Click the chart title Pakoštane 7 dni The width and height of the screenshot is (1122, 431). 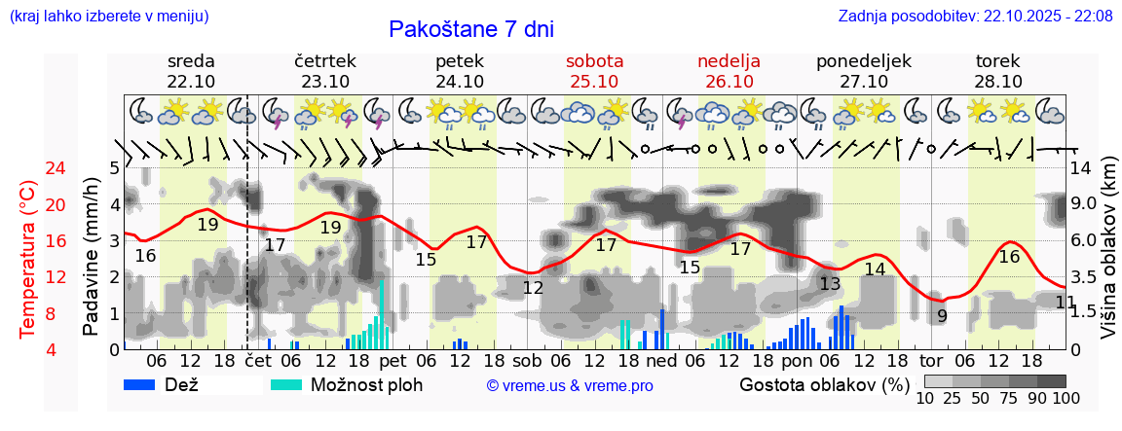[470, 29]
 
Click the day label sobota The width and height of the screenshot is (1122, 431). [594, 61]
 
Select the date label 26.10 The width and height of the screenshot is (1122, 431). [729, 82]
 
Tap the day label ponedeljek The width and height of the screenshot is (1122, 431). [863, 61]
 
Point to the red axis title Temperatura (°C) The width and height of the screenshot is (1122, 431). [28, 259]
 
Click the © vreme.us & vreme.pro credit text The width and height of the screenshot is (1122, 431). [570, 385]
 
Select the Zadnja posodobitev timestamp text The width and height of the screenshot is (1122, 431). [975, 16]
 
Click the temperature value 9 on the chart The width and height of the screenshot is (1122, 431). [942, 315]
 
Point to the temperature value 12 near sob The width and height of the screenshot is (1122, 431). [533, 287]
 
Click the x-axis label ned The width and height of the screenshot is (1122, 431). [661, 360]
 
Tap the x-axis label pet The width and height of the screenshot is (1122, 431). [393, 360]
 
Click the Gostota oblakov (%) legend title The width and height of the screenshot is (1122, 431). [824, 384]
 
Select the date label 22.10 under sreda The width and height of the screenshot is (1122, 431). [191, 82]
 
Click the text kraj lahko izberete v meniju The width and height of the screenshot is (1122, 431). [108, 16]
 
